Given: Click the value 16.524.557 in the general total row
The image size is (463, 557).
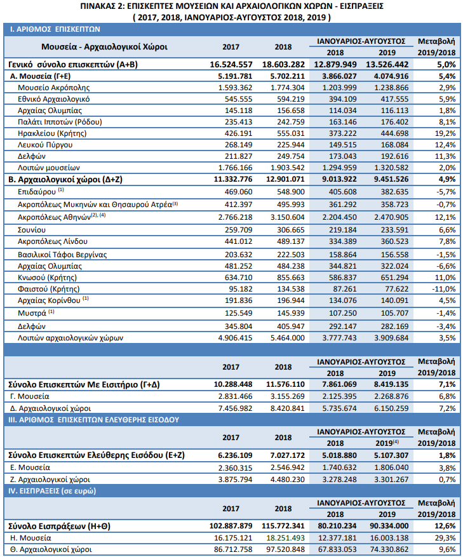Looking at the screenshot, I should tap(231, 64).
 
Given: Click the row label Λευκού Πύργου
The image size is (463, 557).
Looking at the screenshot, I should tap(46, 145).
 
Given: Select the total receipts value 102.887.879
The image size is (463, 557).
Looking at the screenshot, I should tap(231, 526).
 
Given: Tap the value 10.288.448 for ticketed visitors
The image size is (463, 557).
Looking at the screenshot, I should tap(231, 384).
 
